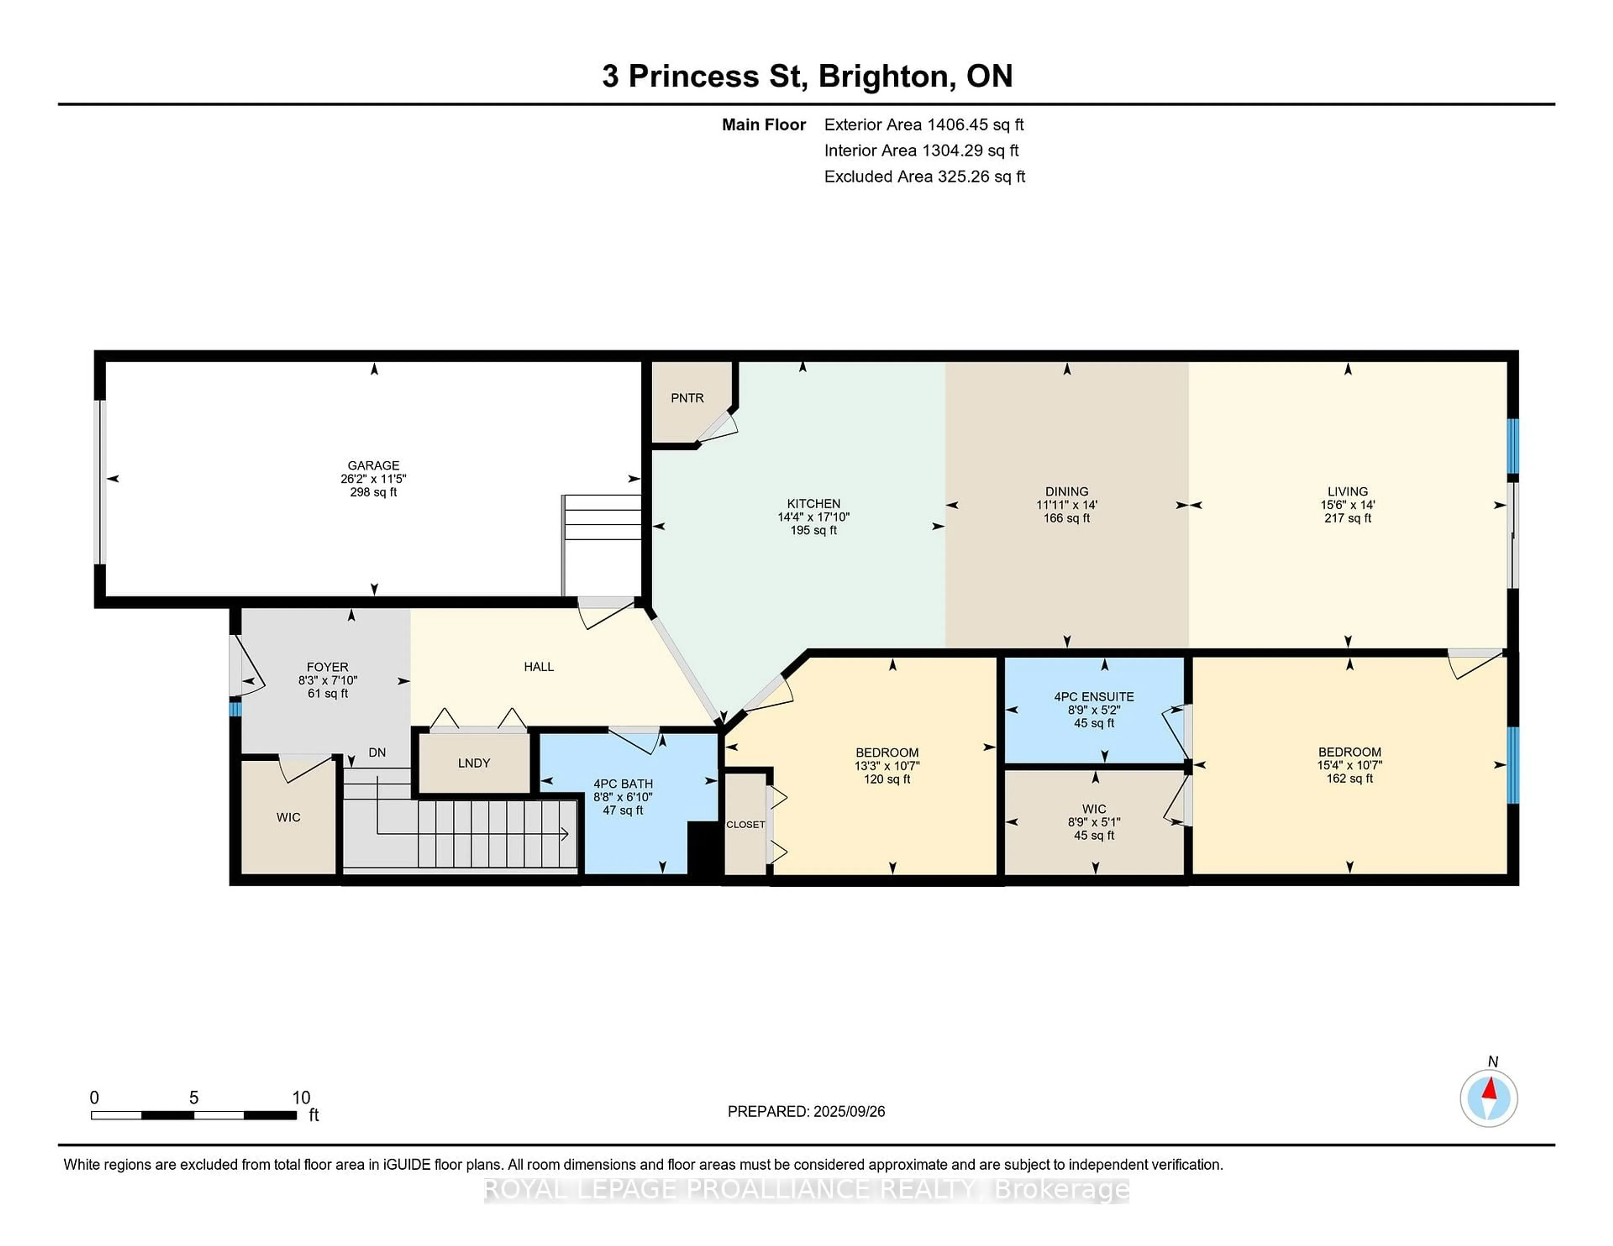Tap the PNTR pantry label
pyautogui.click(x=687, y=398)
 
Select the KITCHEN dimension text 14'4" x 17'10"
pyautogui.click(x=813, y=517)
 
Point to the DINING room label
pyautogui.click(x=1067, y=491)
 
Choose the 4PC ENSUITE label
pyautogui.click(x=1094, y=696)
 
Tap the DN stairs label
pyautogui.click(x=377, y=752)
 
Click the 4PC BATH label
pyautogui.click(x=623, y=784)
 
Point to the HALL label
pyautogui.click(x=539, y=667)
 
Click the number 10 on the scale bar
pyautogui.click(x=301, y=1098)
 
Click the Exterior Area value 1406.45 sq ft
pyautogui.click(x=975, y=125)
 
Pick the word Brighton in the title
pyautogui.click(x=884, y=76)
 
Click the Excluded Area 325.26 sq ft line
pyautogui.click(x=924, y=176)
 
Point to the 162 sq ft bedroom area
pyautogui.click(x=1349, y=778)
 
